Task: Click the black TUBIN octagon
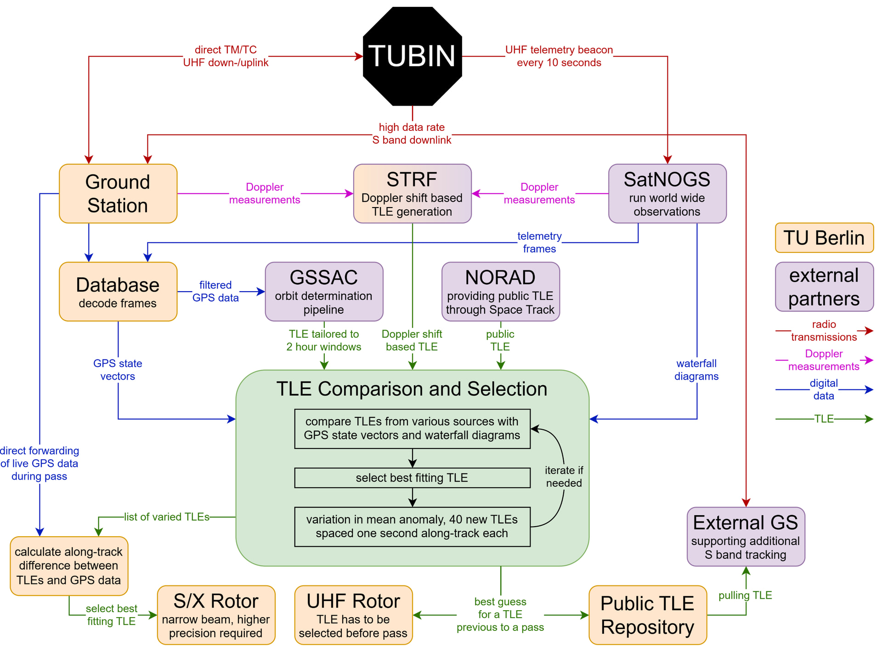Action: point(412,56)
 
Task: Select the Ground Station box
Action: point(118,194)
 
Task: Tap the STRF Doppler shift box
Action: point(413,194)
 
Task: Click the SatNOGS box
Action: point(667,194)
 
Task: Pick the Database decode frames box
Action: point(118,292)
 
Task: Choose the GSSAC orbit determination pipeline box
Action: point(324,292)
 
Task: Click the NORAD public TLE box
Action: point(501,292)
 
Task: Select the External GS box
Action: point(746,537)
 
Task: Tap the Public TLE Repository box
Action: point(648,615)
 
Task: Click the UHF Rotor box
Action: point(354,615)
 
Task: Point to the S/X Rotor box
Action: point(216,615)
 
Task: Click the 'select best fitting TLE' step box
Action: point(413,478)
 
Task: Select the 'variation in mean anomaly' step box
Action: point(413,527)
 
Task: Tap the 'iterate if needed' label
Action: point(564,477)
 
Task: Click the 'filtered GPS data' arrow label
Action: point(215,292)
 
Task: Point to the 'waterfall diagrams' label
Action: point(696,370)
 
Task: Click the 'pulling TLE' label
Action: point(745,595)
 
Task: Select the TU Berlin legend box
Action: point(825,238)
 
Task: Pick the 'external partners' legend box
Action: point(825,287)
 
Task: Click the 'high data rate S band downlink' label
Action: point(412,134)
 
